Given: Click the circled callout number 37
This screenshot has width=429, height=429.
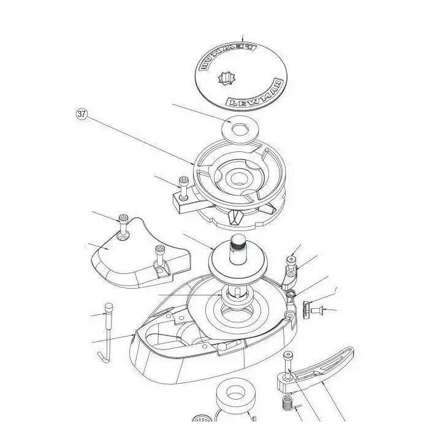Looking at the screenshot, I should tap(82, 114).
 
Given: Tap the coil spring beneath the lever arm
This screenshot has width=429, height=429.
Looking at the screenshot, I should tap(287, 404).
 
